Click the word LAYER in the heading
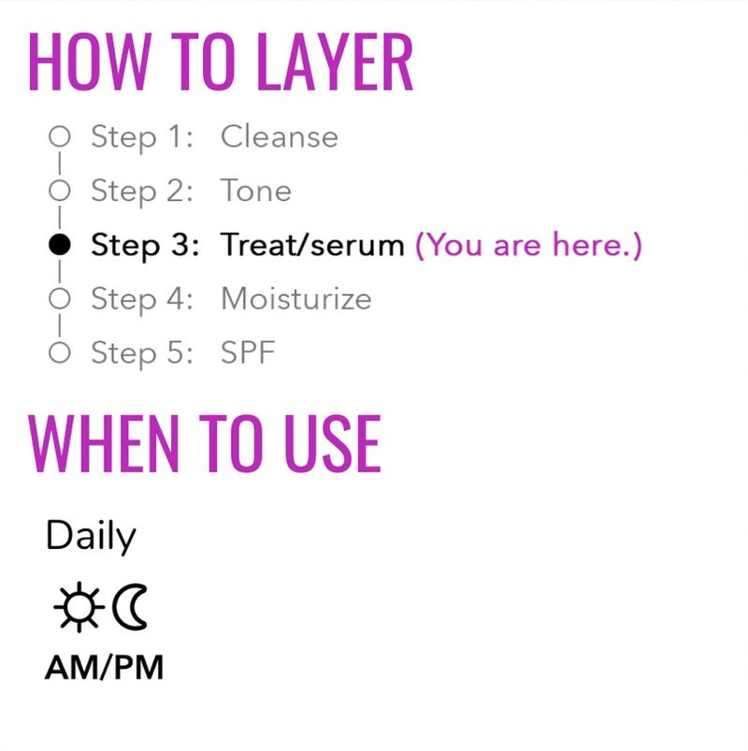(x=334, y=62)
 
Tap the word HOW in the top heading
(x=90, y=62)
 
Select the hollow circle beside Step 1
(x=60, y=137)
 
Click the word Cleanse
(x=280, y=137)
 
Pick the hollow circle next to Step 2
(x=60, y=191)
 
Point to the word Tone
(x=255, y=191)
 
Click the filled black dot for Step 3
(x=60, y=245)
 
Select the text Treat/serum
(x=312, y=245)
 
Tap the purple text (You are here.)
(x=528, y=245)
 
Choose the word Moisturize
(x=296, y=299)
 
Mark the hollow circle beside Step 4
(x=60, y=299)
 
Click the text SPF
(x=248, y=353)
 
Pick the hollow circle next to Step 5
(x=60, y=353)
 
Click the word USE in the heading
(x=333, y=443)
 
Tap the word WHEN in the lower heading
(x=104, y=443)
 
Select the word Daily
(x=91, y=536)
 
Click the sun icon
(x=79, y=607)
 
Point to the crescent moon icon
(x=130, y=606)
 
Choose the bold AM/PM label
(x=105, y=668)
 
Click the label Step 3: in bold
(x=145, y=246)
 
